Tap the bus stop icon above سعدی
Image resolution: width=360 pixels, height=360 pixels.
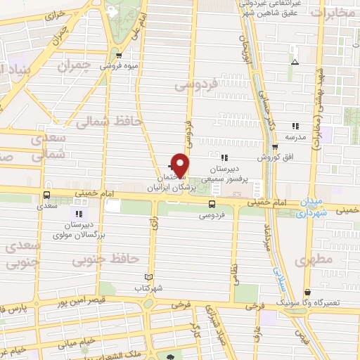point(46,195)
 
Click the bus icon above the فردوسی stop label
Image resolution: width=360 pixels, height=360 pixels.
point(212,203)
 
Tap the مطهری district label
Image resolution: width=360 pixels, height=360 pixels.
point(313,259)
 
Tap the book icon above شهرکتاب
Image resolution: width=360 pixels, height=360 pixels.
point(148,277)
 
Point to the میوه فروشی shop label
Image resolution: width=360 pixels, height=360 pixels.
point(118,66)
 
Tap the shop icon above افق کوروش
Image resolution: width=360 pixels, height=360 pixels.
point(275,146)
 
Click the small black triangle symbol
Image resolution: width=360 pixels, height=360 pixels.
point(294,61)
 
